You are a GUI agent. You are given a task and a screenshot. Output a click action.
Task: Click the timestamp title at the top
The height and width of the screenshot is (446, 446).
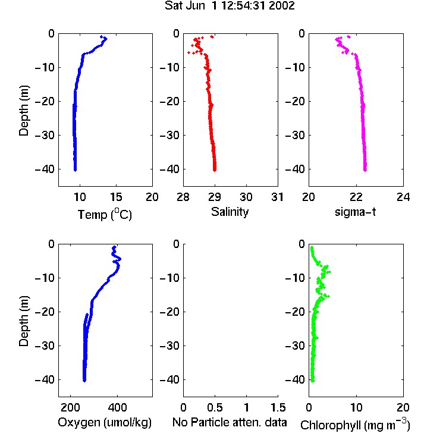tap(230, 6)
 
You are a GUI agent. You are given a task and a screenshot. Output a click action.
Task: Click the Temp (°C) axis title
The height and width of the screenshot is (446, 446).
tap(105, 214)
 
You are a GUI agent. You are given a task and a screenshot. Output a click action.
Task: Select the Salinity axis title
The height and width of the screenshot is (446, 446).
tap(230, 212)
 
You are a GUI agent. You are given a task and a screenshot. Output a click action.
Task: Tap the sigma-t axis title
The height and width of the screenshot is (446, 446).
tap(355, 212)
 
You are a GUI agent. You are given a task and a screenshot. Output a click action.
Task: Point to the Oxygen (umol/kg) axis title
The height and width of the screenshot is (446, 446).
tap(105, 422)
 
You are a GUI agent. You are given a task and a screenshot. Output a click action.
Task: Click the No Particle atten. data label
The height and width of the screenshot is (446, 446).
tap(230, 422)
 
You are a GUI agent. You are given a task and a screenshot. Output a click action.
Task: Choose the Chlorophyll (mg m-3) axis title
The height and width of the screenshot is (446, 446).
tap(355, 425)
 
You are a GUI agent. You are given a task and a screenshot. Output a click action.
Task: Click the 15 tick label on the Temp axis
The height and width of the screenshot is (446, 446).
tap(116, 197)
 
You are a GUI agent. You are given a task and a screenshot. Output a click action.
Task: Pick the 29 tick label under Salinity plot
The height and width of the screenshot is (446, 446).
tap(215, 197)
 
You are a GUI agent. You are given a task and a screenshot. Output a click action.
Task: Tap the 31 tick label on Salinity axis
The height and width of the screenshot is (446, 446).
tap(277, 197)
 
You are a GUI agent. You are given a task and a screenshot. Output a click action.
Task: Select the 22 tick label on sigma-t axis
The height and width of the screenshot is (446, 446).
tap(356, 197)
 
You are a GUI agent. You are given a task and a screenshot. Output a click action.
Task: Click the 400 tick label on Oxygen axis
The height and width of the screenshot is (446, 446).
tap(117, 407)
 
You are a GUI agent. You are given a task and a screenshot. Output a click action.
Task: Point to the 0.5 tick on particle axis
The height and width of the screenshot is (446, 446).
tap(215, 407)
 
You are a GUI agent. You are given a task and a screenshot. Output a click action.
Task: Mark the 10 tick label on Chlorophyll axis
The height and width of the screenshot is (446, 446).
tap(356, 407)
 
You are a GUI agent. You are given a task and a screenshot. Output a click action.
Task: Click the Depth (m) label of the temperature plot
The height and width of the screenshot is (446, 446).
tap(24, 111)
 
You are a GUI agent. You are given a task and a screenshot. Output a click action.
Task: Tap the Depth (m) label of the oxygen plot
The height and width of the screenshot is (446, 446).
tap(24, 321)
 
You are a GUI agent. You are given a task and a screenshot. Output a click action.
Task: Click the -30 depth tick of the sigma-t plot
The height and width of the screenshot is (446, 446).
tap(295, 135)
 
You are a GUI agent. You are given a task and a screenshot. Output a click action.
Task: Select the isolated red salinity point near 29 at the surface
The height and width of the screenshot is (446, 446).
tap(212, 37)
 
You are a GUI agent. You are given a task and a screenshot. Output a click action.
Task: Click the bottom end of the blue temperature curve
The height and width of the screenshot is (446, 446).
tap(75, 170)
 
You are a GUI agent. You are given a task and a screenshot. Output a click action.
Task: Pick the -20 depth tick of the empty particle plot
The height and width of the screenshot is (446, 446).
tap(169, 312)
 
